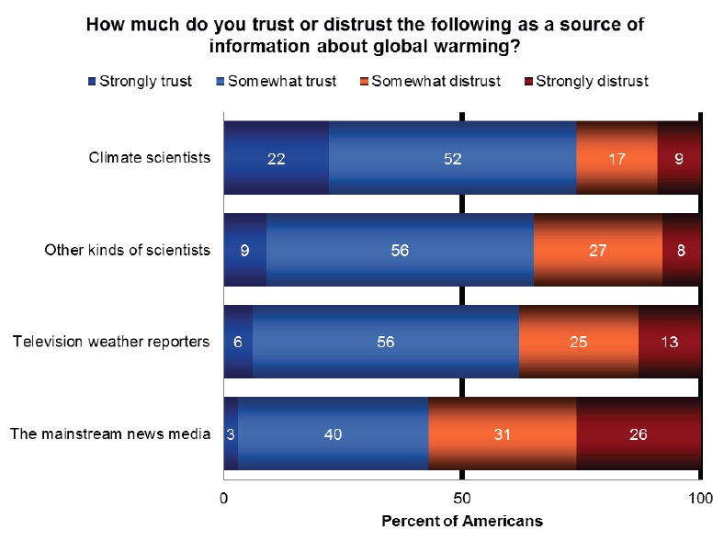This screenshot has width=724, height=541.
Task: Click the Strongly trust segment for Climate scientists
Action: [277, 157]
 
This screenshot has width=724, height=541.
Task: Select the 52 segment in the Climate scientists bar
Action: [452, 157]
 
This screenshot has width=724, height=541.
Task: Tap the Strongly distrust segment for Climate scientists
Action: [679, 157]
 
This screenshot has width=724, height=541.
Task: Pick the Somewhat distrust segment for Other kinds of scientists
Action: [597, 250]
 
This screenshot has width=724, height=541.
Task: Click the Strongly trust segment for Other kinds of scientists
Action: [245, 250]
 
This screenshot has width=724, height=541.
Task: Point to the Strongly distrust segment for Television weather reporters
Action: [670, 342]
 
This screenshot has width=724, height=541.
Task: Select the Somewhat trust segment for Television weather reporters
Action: [386, 342]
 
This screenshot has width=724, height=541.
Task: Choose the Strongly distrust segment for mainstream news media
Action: [639, 434]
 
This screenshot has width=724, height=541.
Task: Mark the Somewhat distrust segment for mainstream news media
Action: [503, 434]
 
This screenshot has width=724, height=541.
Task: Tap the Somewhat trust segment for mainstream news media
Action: [333, 434]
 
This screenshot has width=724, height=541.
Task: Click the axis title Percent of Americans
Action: [462, 521]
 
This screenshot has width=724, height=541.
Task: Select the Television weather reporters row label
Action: [111, 342]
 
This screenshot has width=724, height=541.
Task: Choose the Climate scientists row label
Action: [150, 157]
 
